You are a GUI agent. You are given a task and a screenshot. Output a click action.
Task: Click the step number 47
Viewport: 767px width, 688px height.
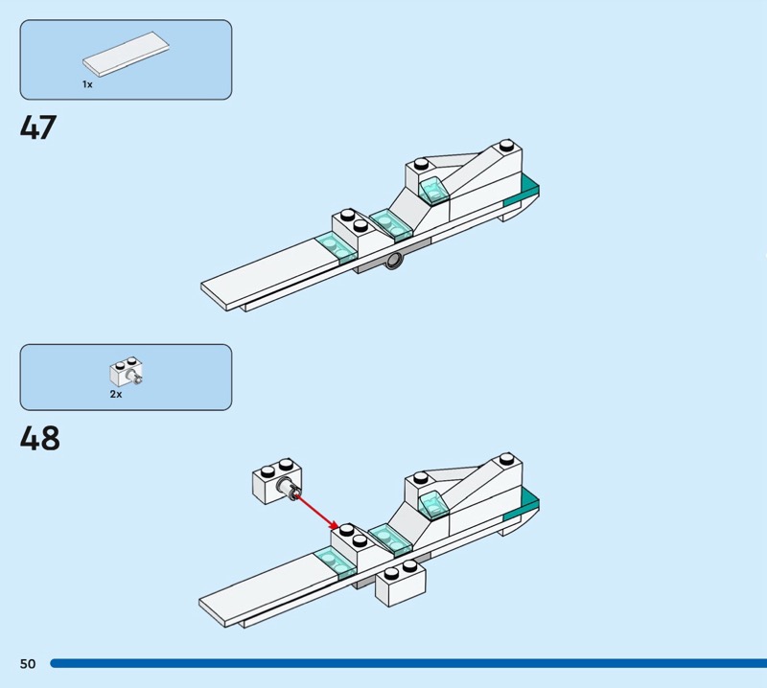38,127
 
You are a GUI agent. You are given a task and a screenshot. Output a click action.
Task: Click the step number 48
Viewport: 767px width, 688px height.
39,438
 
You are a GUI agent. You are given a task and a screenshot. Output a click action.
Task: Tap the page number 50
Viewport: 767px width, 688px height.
28,663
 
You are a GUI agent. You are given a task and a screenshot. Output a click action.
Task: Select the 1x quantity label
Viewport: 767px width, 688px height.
87,84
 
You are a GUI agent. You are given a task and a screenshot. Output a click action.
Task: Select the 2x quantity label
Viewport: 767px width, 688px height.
116,394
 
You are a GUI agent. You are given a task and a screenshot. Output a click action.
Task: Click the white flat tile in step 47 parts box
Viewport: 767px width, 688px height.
126,54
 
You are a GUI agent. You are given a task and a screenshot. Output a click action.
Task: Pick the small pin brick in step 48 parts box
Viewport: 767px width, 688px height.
127,372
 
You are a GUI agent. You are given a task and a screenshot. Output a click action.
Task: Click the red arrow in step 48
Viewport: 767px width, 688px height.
317,512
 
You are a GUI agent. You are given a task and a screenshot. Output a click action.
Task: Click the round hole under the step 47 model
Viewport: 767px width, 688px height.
394,262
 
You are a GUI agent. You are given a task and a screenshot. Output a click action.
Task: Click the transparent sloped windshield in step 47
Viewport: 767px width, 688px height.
433,191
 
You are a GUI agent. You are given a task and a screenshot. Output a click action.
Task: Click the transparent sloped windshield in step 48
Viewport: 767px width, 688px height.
433,504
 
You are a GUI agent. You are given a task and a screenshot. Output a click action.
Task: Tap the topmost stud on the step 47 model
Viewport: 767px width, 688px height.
506,146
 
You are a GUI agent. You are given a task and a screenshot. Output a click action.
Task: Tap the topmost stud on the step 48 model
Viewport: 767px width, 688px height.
506,460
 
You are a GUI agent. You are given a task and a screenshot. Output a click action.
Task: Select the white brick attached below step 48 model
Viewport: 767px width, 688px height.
401,584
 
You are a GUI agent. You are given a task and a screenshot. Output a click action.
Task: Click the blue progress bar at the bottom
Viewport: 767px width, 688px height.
408,663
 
